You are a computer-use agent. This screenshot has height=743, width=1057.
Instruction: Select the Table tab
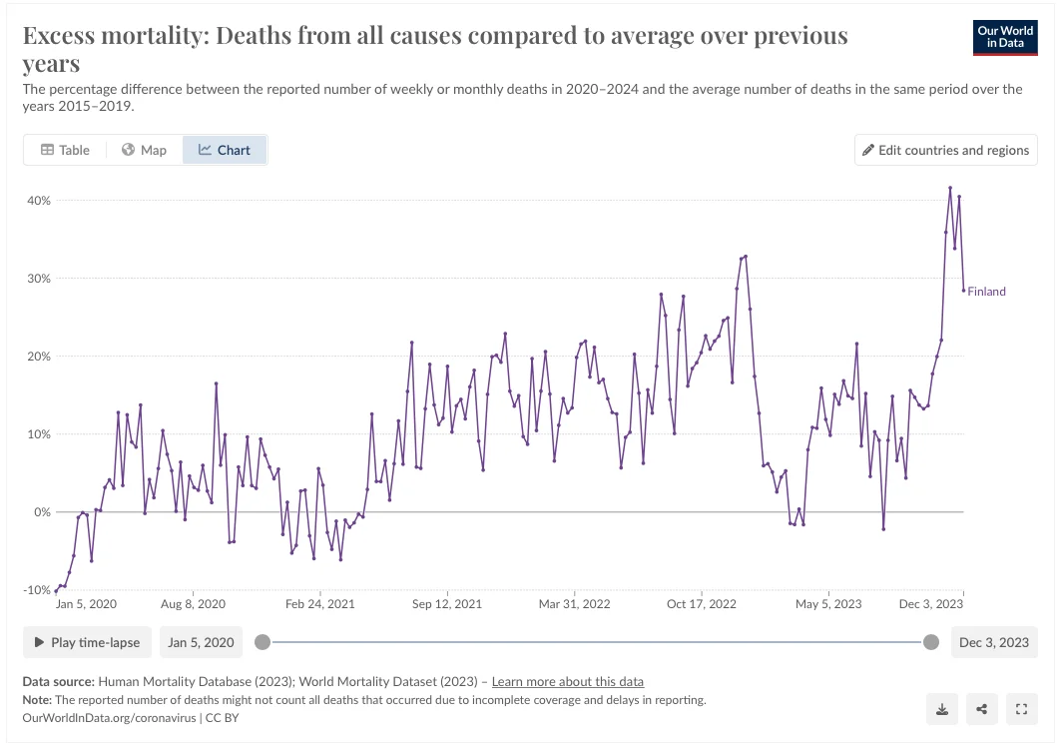65,150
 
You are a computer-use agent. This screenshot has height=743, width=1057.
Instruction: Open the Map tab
144,150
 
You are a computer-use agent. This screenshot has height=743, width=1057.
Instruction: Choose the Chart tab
225,150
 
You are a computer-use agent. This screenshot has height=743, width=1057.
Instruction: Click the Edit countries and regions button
946,150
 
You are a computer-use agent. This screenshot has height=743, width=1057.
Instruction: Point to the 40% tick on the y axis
38,201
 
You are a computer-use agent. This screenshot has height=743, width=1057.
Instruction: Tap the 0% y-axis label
41,512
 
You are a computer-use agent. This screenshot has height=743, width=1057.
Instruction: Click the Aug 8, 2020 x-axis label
193,604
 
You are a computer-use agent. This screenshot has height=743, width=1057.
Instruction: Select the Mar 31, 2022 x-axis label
574,604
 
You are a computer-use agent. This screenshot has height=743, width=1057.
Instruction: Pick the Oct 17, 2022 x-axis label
701,604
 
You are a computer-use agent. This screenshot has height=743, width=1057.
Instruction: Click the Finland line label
986,292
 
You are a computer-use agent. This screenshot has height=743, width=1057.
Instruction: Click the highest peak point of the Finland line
950,188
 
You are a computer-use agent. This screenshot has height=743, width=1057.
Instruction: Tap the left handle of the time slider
263,642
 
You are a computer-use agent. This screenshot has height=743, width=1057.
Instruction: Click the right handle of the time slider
931,642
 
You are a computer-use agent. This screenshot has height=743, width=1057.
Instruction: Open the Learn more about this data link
567,682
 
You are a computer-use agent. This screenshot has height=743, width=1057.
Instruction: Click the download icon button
942,709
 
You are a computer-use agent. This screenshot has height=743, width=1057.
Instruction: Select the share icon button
982,709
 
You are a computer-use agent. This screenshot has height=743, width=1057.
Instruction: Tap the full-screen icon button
1021,709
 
